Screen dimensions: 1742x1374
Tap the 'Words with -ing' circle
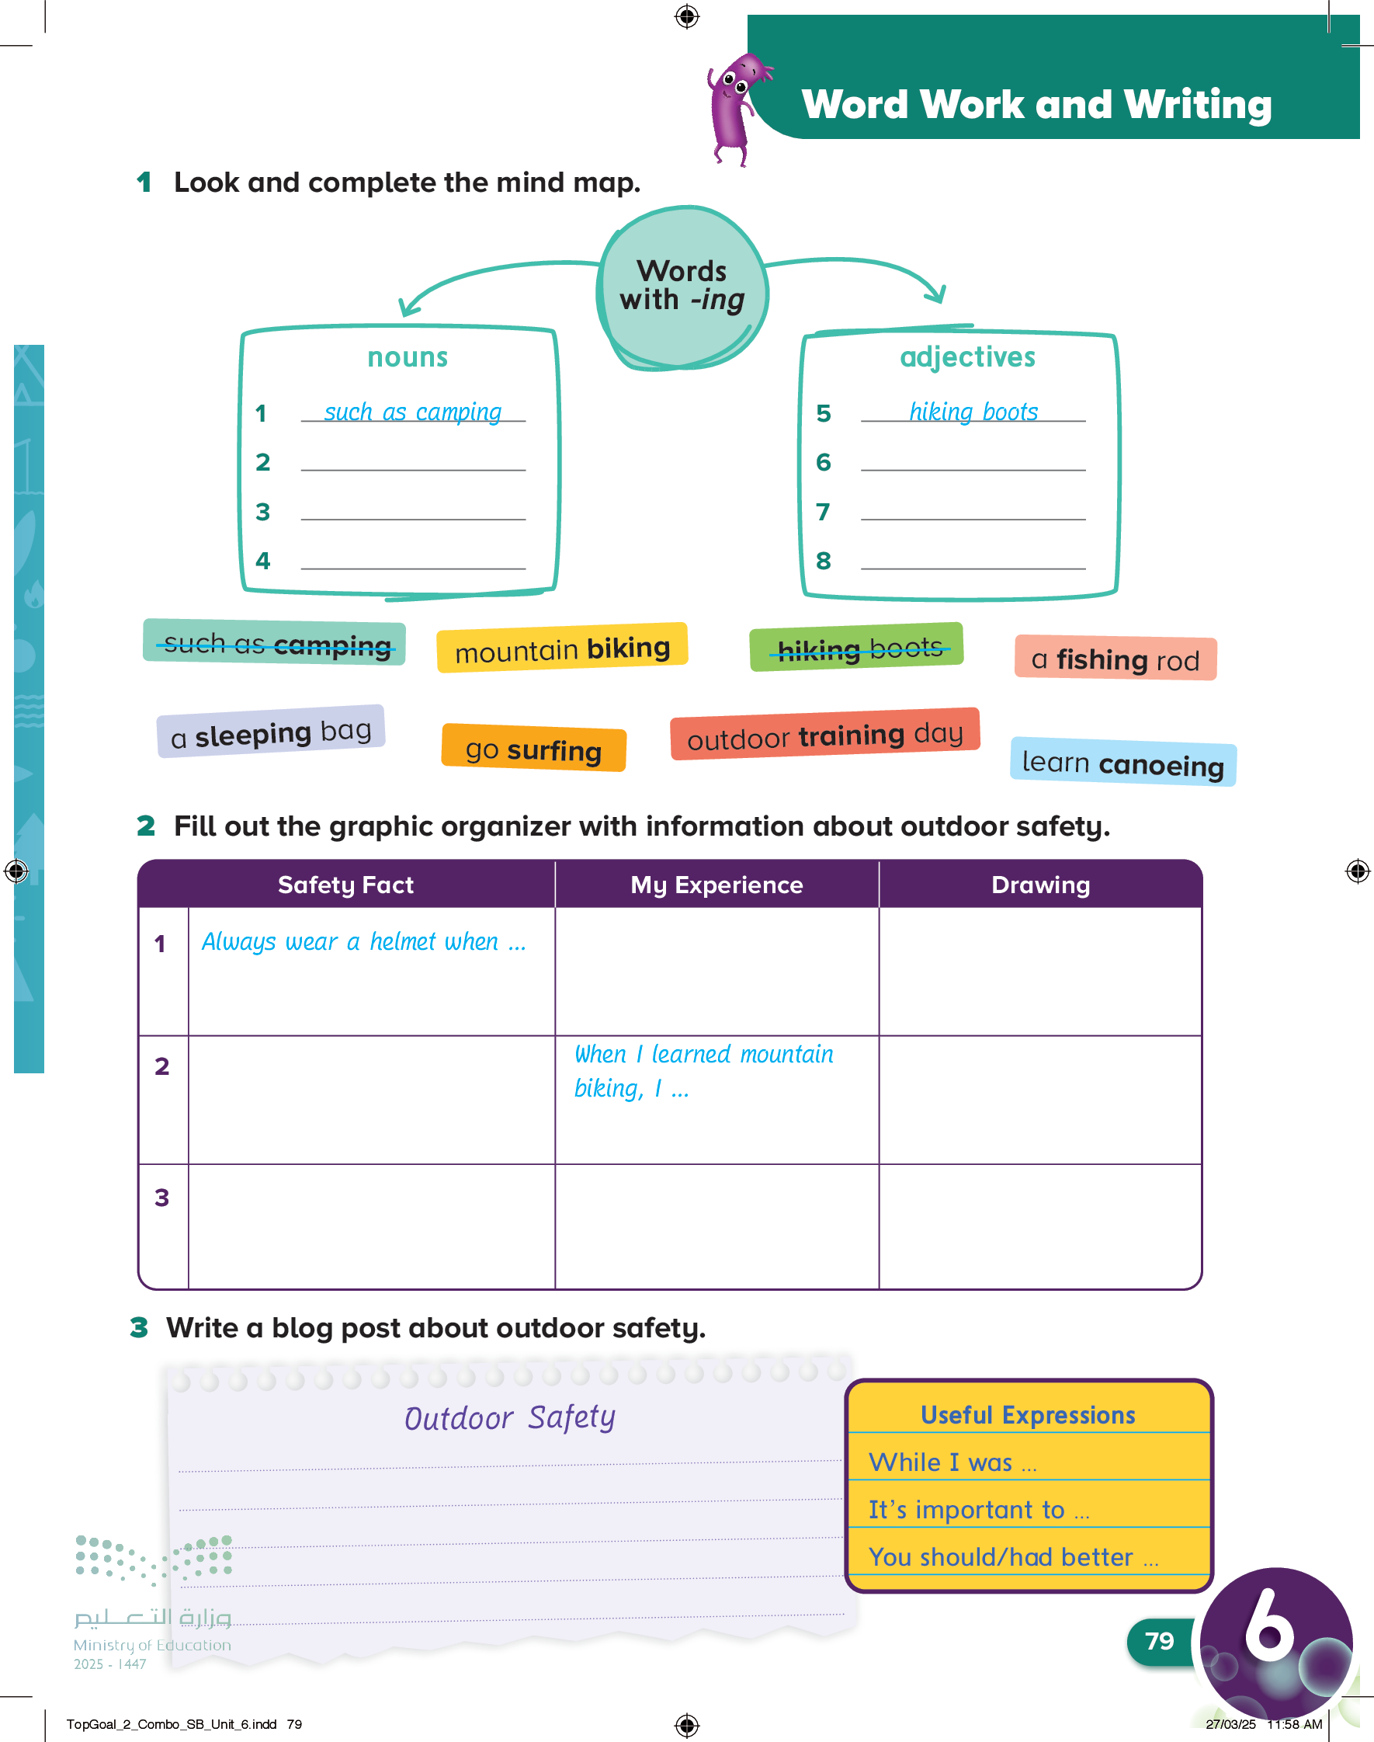point(682,287)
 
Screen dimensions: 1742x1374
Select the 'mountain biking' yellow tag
point(561,648)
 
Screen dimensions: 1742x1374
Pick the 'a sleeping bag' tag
point(271,733)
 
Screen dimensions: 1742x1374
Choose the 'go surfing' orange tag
point(533,749)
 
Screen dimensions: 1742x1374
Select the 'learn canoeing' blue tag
point(1122,763)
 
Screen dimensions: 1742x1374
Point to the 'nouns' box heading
point(408,357)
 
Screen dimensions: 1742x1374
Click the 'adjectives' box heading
point(967,357)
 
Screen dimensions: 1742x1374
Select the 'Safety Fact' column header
point(346,885)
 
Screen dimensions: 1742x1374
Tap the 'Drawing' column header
point(1040,885)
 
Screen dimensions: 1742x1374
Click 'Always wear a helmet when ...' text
point(363,942)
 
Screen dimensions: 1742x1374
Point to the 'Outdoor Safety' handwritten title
point(510,1417)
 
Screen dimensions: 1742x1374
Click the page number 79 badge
point(1158,1640)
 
